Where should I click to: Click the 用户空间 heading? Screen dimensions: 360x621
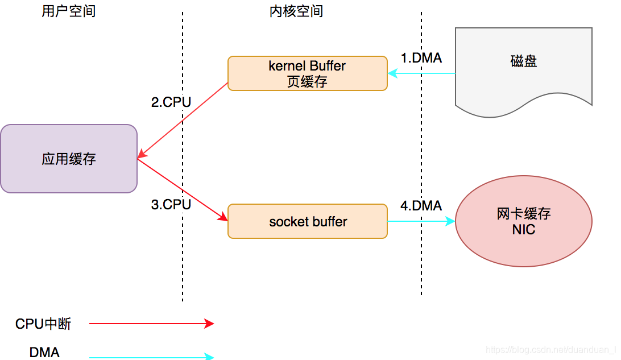69,11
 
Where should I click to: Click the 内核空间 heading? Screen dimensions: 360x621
296,11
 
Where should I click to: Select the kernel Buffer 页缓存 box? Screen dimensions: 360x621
307,73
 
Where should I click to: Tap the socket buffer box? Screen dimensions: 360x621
307,221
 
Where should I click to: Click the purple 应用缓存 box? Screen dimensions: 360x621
69,159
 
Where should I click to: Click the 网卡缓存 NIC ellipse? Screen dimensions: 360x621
523,221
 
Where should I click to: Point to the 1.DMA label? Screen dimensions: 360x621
421,58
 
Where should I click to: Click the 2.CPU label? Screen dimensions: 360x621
171,102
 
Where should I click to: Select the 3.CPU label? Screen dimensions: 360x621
171,205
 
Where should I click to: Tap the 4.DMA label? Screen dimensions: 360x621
421,206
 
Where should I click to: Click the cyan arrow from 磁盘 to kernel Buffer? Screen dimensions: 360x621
421,73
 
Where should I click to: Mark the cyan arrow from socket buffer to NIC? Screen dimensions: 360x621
421,221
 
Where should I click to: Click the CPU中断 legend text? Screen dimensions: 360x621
43,324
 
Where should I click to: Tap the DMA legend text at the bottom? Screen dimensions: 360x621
44,353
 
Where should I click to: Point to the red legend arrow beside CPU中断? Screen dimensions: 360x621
151,324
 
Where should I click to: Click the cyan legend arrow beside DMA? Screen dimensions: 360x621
151,357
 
